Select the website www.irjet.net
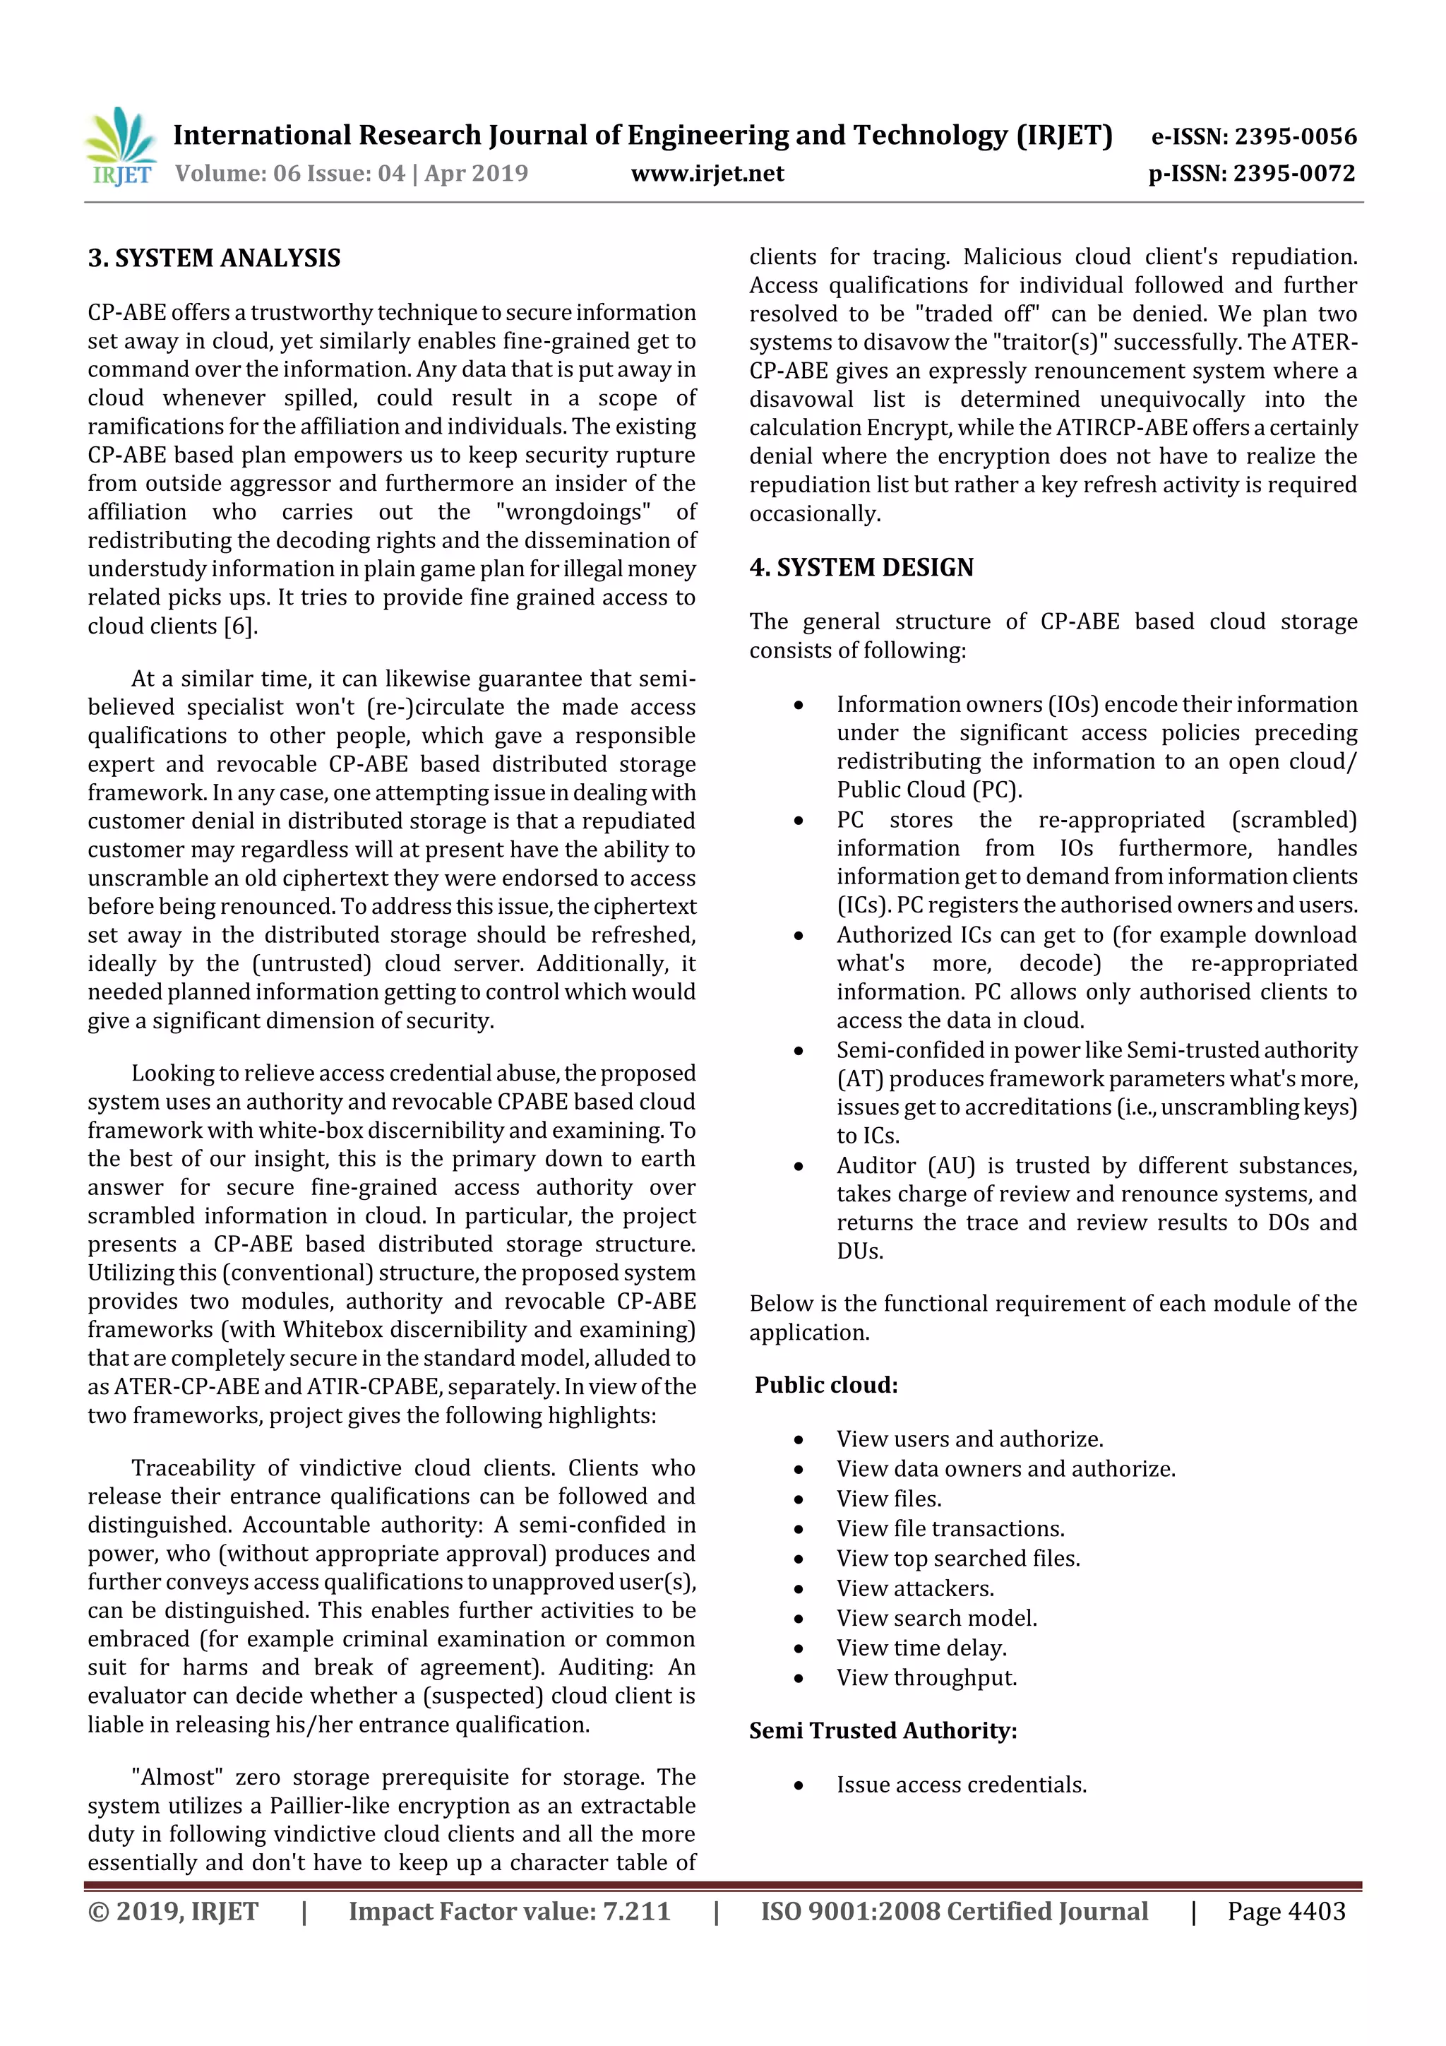pos(707,173)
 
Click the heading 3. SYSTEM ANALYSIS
pos(214,258)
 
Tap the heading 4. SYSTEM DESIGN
pos(861,568)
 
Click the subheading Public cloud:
pos(826,1385)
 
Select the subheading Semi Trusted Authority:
pos(883,1730)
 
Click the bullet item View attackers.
pos(915,1588)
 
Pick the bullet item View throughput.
pos(926,1677)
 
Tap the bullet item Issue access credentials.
pos(962,1785)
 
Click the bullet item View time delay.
pos(921,1648)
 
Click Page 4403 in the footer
pos(1286,1910)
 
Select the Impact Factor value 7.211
pos(509,1910)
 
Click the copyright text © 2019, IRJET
pos(173,1910)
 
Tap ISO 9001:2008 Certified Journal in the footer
pos(953,1910)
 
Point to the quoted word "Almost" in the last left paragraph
pos(174,1777)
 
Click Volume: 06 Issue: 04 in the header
pos(289,173)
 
